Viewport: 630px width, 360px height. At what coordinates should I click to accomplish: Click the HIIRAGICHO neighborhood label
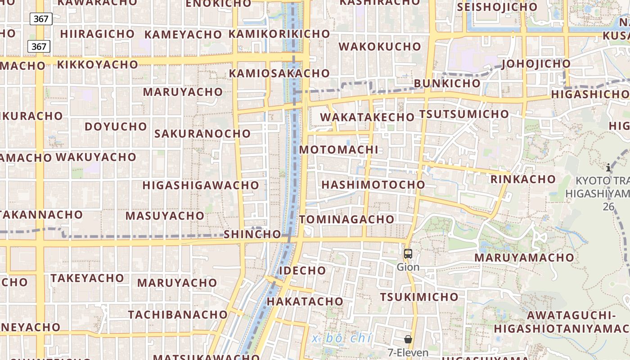pyautogui.click(x=97, y=34)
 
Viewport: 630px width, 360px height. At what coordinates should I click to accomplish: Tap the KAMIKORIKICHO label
pyautogui.click(x=279, y=34)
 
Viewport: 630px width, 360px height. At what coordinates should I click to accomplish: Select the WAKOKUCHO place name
pyautogui.click(x=380, y=46)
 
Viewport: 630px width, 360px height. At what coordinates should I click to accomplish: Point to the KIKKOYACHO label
pyautogui.click(x=97, y=64)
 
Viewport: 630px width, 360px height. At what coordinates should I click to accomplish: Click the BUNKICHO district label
pyautogui.click(x=447, y=83)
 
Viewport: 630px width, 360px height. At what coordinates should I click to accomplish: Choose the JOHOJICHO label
pyautogui.click(x=536, y=63)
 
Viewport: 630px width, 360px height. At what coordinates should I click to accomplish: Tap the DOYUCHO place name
pyautogui.click(x=116, y=126)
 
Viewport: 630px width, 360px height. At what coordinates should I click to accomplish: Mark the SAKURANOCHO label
pyautogui.click(x=202, y=133)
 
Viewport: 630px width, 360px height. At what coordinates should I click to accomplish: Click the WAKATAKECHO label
pyautogui.click(x=367, y=117)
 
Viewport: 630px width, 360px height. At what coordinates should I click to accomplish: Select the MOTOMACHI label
pyautogui.click(x=338, y=149)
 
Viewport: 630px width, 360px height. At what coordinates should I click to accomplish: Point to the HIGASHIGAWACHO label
pyautogui.click(x=201, y=185)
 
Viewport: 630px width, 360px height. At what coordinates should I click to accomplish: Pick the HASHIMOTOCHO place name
pyautogui.click(x=373, y=184)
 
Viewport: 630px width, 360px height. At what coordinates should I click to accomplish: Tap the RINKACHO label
pyautogui.click(x=523, y=179)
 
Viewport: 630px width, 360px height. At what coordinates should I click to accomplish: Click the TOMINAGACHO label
pyautogui.click(x=346, y=219)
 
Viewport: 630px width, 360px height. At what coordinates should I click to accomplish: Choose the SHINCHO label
pyautogui.click(x=252, y=234)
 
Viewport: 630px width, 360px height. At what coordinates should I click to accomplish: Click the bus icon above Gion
pyautogui.click(x=408, y=254)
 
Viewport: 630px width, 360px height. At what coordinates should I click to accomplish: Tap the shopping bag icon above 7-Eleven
pyautogui.click(x=408, y=339)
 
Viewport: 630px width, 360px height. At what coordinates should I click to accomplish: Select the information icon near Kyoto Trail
pyautogui.click(x=608, y=168)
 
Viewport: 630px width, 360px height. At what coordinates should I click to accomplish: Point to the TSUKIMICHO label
pyautogui.click(x=419, y=297)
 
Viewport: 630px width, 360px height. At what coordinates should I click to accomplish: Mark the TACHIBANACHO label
pyautogui.click(x=178, y=314)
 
